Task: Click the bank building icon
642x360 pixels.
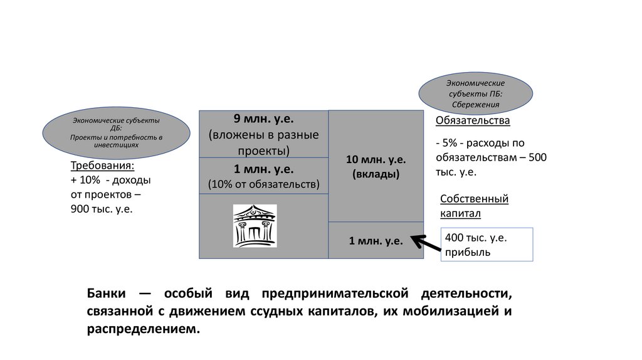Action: pos(255,226)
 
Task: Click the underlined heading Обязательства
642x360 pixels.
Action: pos(472,120)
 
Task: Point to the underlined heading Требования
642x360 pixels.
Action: pos(102,166)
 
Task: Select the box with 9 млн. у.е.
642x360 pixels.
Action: pos(263,134)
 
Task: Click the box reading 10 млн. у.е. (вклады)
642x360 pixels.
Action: pos(376,166)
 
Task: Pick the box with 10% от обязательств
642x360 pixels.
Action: pos(263,176)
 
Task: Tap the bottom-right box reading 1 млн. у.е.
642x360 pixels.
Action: pos(376,240)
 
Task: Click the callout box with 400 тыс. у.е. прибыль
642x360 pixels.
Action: pos(487,245)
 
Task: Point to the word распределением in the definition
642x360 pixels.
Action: pos(143,329)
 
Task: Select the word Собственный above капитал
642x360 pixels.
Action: pos(474,199)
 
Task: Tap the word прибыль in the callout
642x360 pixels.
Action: pos(467,252)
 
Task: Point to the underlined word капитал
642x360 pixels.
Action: pos(460,213)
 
